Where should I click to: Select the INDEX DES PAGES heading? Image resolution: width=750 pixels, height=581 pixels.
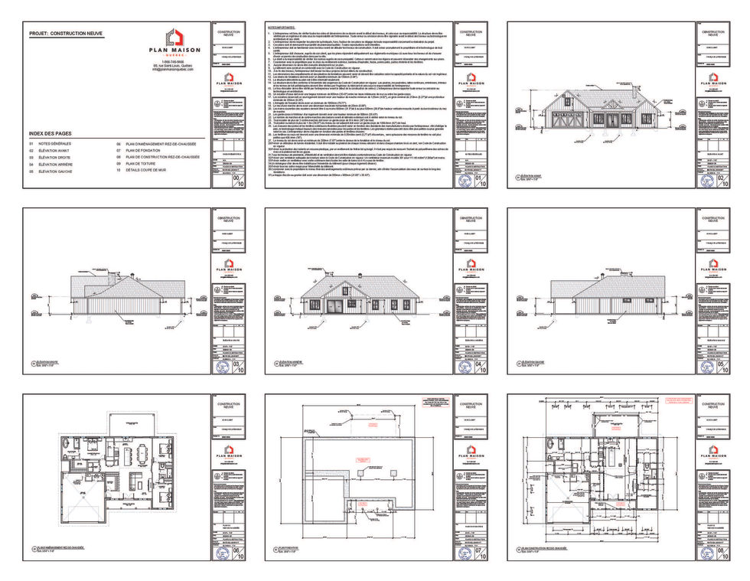click(x=56, y=133)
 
